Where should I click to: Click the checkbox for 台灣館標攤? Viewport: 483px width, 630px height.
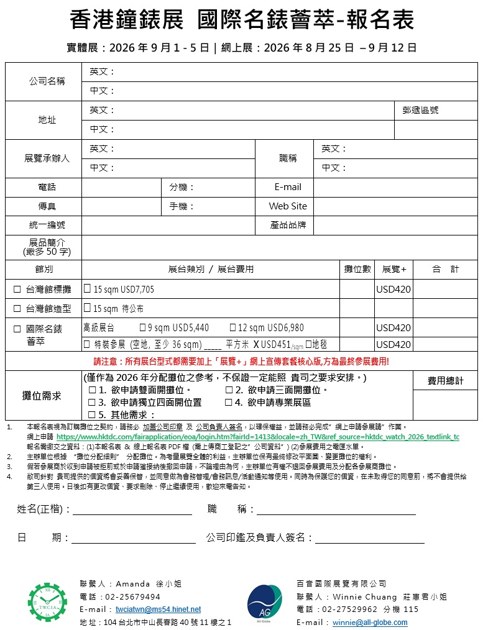coord(17,290)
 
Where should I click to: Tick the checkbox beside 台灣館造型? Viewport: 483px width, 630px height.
coord(17,308)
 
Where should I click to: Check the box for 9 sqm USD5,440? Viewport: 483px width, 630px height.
coord(142,327)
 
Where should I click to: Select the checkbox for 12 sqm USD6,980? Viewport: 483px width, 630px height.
coord(232,327)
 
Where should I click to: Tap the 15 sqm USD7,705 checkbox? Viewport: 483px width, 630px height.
coord(88,290)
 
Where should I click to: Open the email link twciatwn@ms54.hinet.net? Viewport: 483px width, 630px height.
coord(158,609)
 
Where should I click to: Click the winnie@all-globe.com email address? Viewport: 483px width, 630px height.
coord(370,622)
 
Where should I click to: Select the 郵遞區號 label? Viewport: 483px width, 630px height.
coord(420,110)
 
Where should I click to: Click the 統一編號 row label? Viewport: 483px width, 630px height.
coord(47,225)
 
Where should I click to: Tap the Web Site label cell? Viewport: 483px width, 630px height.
coord(288,206)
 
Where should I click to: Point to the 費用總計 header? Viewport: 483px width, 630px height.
coord(446,381)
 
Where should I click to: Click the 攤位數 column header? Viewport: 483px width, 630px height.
coord(357,270)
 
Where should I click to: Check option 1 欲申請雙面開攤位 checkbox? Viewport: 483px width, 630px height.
coord(92,390)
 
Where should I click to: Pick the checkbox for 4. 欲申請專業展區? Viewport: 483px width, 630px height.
coord(229,403)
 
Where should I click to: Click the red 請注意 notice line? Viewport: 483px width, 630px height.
coord(241,362)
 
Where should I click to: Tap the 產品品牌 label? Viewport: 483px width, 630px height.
coord(288,225)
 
